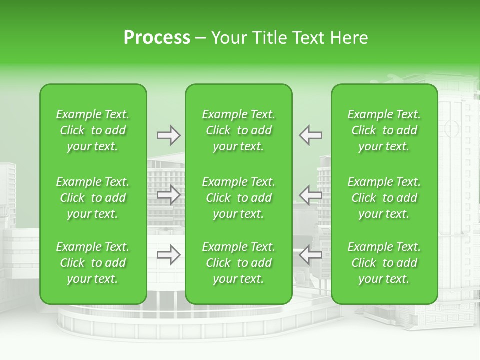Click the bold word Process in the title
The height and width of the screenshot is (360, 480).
(157, 38)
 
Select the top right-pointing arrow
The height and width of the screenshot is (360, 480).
(168, 135)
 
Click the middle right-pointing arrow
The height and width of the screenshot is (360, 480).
(168, 195)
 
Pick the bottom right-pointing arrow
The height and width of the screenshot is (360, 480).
(168, 255)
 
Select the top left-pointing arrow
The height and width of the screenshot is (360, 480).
(310, 135)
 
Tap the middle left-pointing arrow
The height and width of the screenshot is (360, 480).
(310, 195)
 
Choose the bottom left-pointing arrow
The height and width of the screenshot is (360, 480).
(310, 255)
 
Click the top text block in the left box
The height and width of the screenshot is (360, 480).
(93, 130)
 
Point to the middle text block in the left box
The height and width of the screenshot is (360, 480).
(93, 198)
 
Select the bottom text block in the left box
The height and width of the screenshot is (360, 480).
(93, 263)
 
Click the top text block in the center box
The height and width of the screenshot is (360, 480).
(239, 130)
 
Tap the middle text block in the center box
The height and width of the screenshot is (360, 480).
(239, 198)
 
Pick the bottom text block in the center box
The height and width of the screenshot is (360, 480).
(239, 263)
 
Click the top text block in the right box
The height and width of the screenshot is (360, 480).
(384, 130)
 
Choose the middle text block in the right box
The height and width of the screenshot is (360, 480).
(384, 198)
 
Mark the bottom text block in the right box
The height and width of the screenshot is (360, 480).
(384, 263)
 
